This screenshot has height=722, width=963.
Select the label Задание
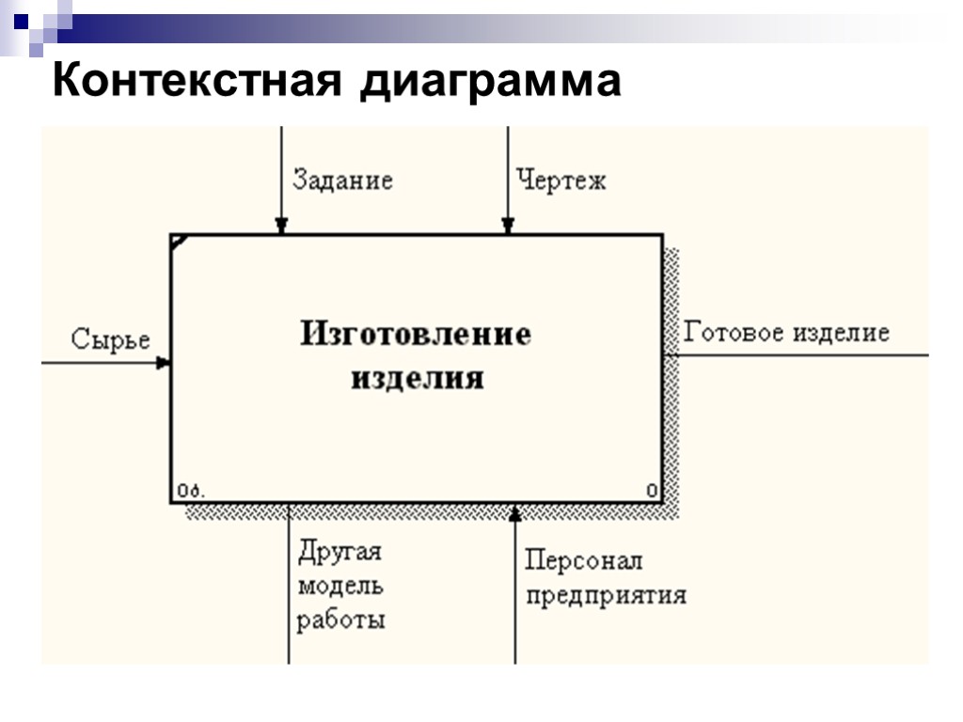coord(342,180)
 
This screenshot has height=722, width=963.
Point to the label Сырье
coord(111,340)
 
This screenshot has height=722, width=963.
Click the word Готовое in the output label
coord(734,333)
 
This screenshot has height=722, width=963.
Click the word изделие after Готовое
coord(840,334)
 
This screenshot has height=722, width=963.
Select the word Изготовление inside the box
coord(416,334)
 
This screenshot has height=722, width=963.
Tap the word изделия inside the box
coord(418,378)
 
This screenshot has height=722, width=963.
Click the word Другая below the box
coord(339,552)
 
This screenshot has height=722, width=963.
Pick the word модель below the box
coord(340,587)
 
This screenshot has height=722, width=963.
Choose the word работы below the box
coord(341,621)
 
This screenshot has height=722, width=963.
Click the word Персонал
coord(583,561)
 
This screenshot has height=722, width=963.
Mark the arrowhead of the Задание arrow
coord(281,226)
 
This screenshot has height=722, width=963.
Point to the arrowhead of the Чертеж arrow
coord(508,226)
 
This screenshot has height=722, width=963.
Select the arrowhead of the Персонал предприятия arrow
coord(514,511)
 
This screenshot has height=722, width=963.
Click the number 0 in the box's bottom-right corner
coord(652,490)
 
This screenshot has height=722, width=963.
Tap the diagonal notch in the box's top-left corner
coord(179,242)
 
